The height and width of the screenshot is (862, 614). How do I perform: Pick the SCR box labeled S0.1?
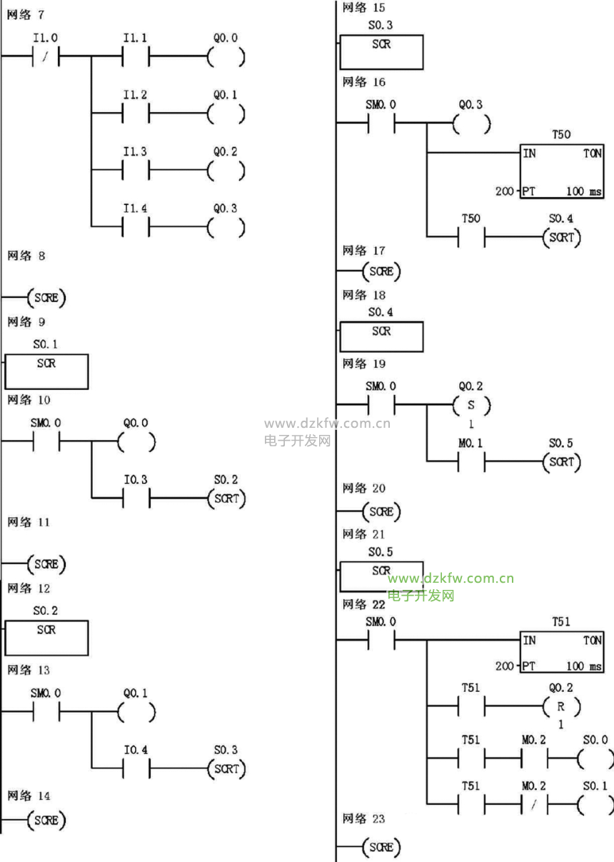[47, 371]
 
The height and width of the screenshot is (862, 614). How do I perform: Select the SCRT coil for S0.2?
[226, 498]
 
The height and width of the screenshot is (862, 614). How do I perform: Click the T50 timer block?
[563, 172]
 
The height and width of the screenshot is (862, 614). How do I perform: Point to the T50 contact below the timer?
[470, 238]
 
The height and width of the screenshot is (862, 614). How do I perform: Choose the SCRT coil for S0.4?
[561, 238]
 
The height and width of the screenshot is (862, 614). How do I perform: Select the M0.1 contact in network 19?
[470, 463]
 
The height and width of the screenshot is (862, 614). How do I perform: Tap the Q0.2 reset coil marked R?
[561, 707]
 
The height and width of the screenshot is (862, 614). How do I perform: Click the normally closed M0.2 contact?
[533, 805]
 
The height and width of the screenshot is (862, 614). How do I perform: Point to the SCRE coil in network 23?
[381, 847]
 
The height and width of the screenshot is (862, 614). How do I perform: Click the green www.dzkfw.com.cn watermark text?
[451, 578]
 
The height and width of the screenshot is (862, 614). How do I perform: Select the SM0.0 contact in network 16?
[381, 124]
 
